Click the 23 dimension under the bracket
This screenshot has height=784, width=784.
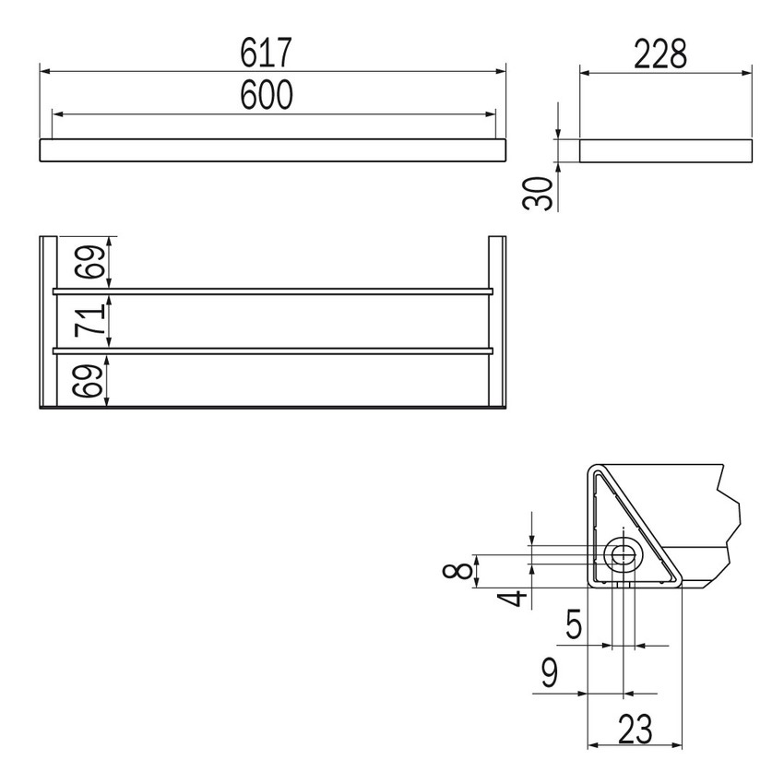click(x=635, y=730)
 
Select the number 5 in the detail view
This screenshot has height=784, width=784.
click(x=574, y=626)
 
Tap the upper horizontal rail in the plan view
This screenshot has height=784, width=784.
click(x=273, y=291)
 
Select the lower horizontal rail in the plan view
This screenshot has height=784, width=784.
click(x=273, y=350)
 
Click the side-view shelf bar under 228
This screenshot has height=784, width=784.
click(x=665, y=151)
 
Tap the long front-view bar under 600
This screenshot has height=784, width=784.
click(x=273, y=151)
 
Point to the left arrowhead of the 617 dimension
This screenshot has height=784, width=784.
click(x=44, y=70)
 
